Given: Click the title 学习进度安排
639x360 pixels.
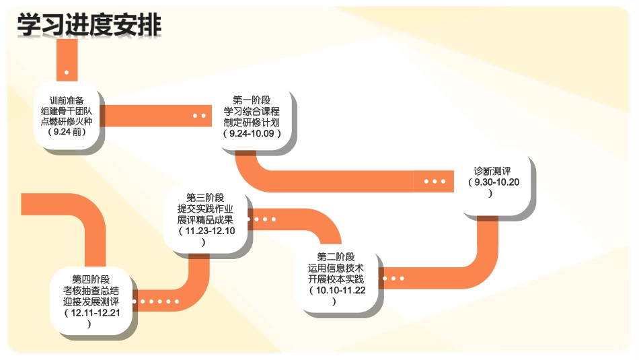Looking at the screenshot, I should pyautogui.click(x=89, y=25).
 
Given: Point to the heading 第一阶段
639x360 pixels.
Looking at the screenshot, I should pyautogui.click(x=252, y=101).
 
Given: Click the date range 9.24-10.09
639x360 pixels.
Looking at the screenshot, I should pyautogui.click(x=252, y=133).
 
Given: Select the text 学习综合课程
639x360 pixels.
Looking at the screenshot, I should pyautogui.click(x=252, y=112).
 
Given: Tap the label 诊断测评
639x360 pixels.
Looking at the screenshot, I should pyautogui.click(x=492, y=171).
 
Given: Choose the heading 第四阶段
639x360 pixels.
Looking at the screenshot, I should pyautogui.click(x=91, y=279).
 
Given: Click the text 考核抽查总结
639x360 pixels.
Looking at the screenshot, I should pyautogui.click(x=91, y=291).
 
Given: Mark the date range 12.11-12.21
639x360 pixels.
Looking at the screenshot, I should pyautogui.click(x=91, y=313).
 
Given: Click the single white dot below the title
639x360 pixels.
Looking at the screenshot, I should pyautogui.click(x=67, y=72).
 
